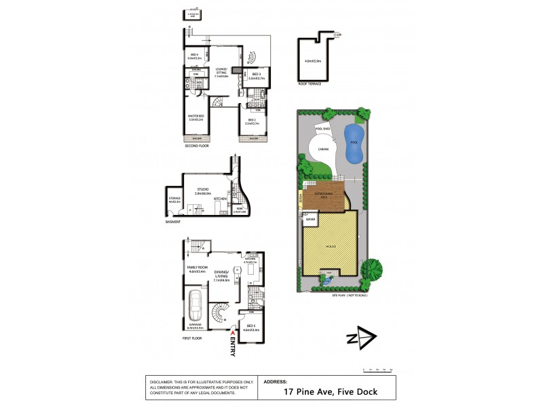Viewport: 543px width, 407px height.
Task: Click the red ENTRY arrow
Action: [233, 333]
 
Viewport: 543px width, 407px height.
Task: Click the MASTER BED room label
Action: [196, 117]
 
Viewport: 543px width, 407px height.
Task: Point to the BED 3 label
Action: [256, 75]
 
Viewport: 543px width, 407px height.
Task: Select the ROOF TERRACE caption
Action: [310, 84]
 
